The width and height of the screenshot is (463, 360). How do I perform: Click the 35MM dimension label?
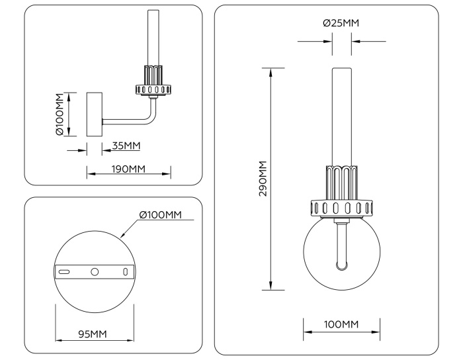[x=126, y=146]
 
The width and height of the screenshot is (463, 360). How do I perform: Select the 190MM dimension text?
[x=129, y=169]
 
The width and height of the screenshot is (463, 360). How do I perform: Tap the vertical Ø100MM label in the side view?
[x=60, y=114]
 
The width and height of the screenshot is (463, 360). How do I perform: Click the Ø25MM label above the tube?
[x=341, y=23]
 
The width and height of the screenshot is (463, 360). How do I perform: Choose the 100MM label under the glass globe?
[x=341, y=324]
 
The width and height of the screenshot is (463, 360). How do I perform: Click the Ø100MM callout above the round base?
[x=160, y=215]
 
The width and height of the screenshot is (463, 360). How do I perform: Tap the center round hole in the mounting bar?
[x=95, y=272]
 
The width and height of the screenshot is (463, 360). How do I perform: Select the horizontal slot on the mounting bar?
[x=64, y=272]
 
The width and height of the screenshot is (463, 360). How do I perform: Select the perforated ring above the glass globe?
[x=341, y=208]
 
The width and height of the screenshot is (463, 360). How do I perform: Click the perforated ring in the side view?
[x=154, y=89]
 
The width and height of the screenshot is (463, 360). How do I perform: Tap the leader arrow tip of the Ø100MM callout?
[x=123, y=236]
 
